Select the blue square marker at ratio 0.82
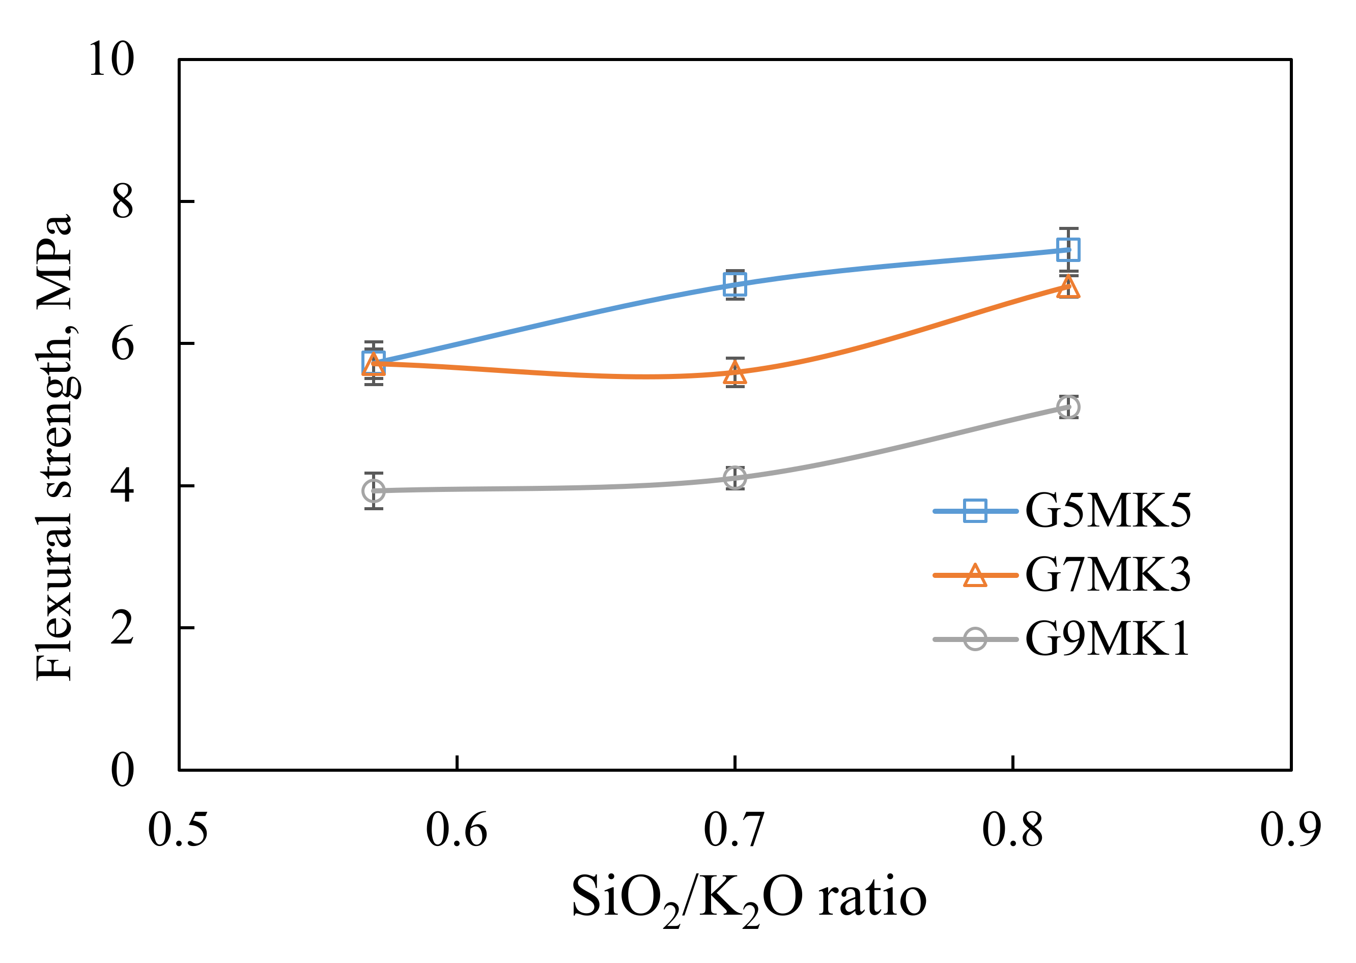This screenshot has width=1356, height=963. (1068, 250)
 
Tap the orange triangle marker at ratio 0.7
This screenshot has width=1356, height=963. (735, 373)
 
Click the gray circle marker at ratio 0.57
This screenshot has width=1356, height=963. (374, 490)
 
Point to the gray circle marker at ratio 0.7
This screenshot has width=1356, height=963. (735, 477)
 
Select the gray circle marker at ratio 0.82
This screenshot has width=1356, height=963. (1068, 407)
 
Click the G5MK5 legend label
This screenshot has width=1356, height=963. (1108, 511)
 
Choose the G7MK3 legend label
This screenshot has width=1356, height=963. (1108, 575)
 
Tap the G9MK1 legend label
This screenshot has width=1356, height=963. (1108, 639)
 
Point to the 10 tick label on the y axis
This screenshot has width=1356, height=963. (111, 60)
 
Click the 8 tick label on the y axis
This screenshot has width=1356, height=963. (122, 202)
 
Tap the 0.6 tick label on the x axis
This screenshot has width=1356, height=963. (456, 830)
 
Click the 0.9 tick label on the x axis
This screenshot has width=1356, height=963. (1290, 830)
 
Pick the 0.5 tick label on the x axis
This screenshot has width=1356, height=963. (178, 830)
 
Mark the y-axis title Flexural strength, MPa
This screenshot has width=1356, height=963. (54, 448)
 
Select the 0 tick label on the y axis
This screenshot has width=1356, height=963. (122, 770)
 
